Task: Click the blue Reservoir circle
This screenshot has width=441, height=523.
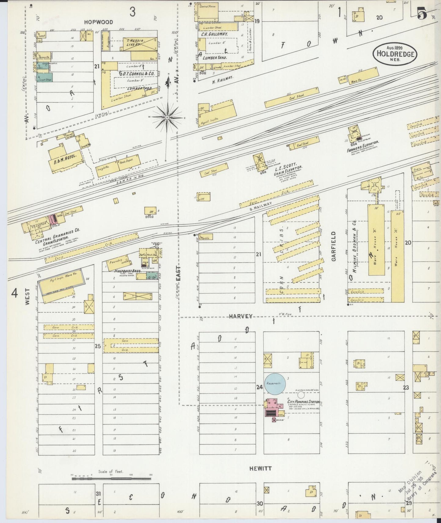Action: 275,384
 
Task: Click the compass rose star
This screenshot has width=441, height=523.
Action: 167,117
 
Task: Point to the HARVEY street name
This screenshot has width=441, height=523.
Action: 241,316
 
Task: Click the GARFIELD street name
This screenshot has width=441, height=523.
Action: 333,246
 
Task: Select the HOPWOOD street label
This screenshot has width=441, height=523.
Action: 99,22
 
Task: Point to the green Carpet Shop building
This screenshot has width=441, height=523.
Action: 45,77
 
